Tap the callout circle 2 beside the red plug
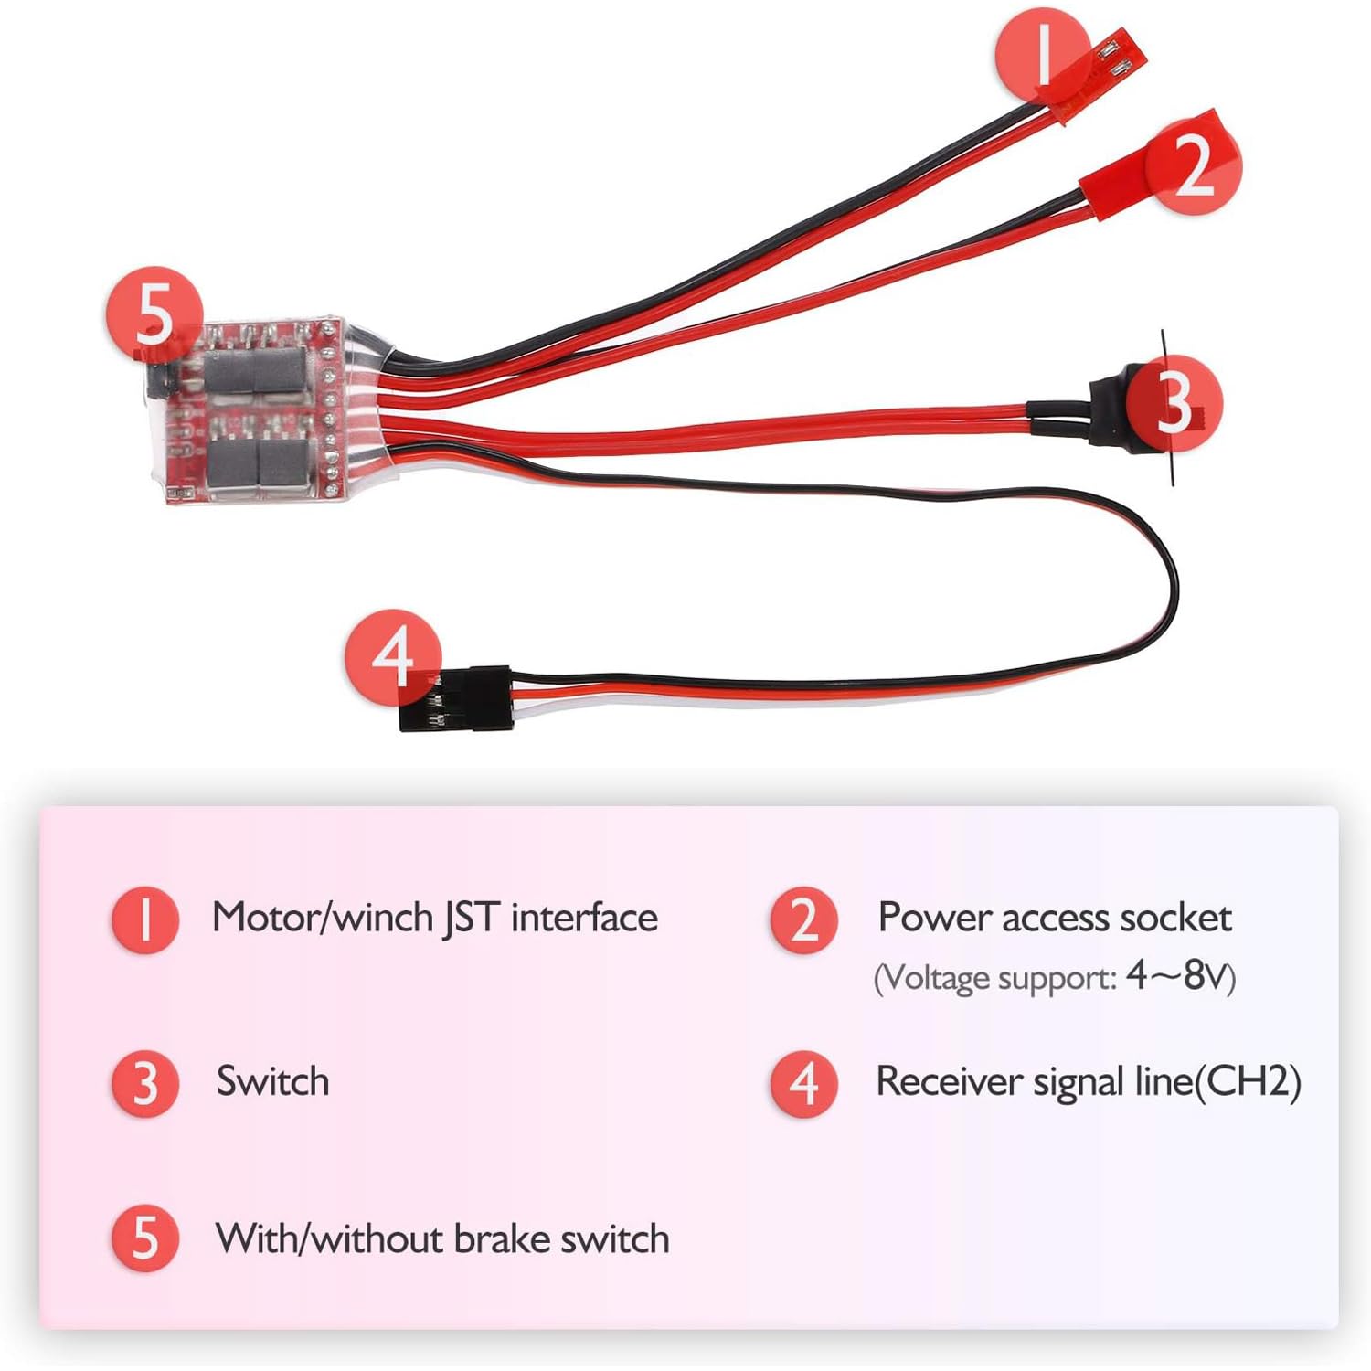point(1193,165)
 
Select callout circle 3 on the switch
point(1174,403)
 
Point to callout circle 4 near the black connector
point(393,657)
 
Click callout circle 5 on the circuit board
point(155,314)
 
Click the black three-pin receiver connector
point(455,698)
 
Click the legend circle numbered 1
point(144,919)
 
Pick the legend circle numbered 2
point(803,919)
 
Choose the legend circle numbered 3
point(144,1083)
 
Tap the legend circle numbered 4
point(803,1083)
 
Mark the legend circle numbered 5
point(144,1238)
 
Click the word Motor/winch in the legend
point(323,918)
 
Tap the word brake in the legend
point(503,1238)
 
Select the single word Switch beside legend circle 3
point(272,1082)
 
